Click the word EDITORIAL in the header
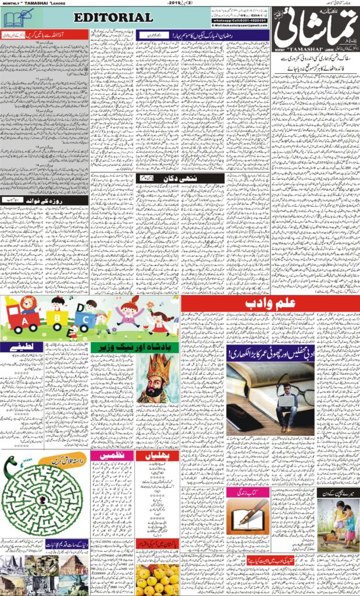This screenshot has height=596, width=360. [x=114, y=17]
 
